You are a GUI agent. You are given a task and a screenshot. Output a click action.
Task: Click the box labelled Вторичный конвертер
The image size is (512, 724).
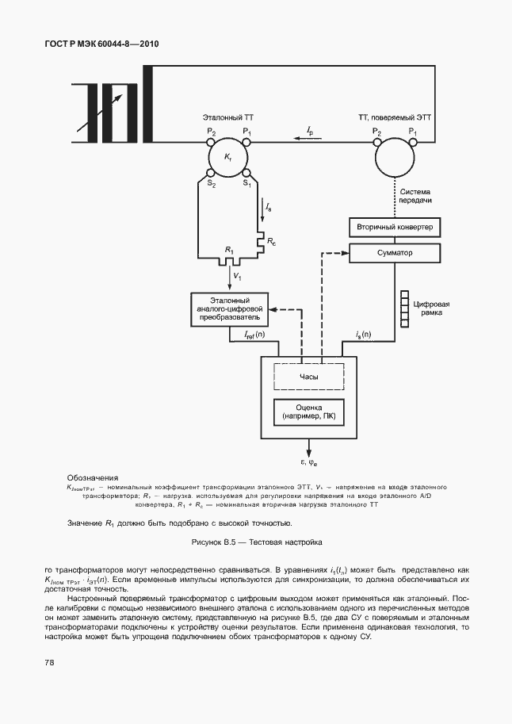(x=394, y=228)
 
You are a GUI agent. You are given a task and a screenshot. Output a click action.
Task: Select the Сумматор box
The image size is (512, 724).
(x=394, y=253)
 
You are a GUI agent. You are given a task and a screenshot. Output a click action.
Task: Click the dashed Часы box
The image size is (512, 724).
(x=309, y=377)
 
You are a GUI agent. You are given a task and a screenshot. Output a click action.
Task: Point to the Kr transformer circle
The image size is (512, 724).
(x=228, y=159)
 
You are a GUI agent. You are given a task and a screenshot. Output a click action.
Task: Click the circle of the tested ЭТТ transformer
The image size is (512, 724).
(x=394, y=159)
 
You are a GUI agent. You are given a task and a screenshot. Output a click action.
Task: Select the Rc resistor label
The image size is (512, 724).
(x=272, y=239)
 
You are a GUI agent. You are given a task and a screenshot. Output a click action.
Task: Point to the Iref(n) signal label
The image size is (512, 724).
(x=254, y=335)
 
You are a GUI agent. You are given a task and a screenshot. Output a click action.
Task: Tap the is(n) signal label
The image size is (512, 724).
(x=363, y=335)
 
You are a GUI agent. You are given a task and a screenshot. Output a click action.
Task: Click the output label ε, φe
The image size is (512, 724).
(x=306, y=462)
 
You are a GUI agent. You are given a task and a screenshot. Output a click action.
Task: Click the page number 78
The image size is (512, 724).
(x=49, y=661)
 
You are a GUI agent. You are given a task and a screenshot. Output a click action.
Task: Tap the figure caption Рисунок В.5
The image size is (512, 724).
(x=257, y=544)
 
